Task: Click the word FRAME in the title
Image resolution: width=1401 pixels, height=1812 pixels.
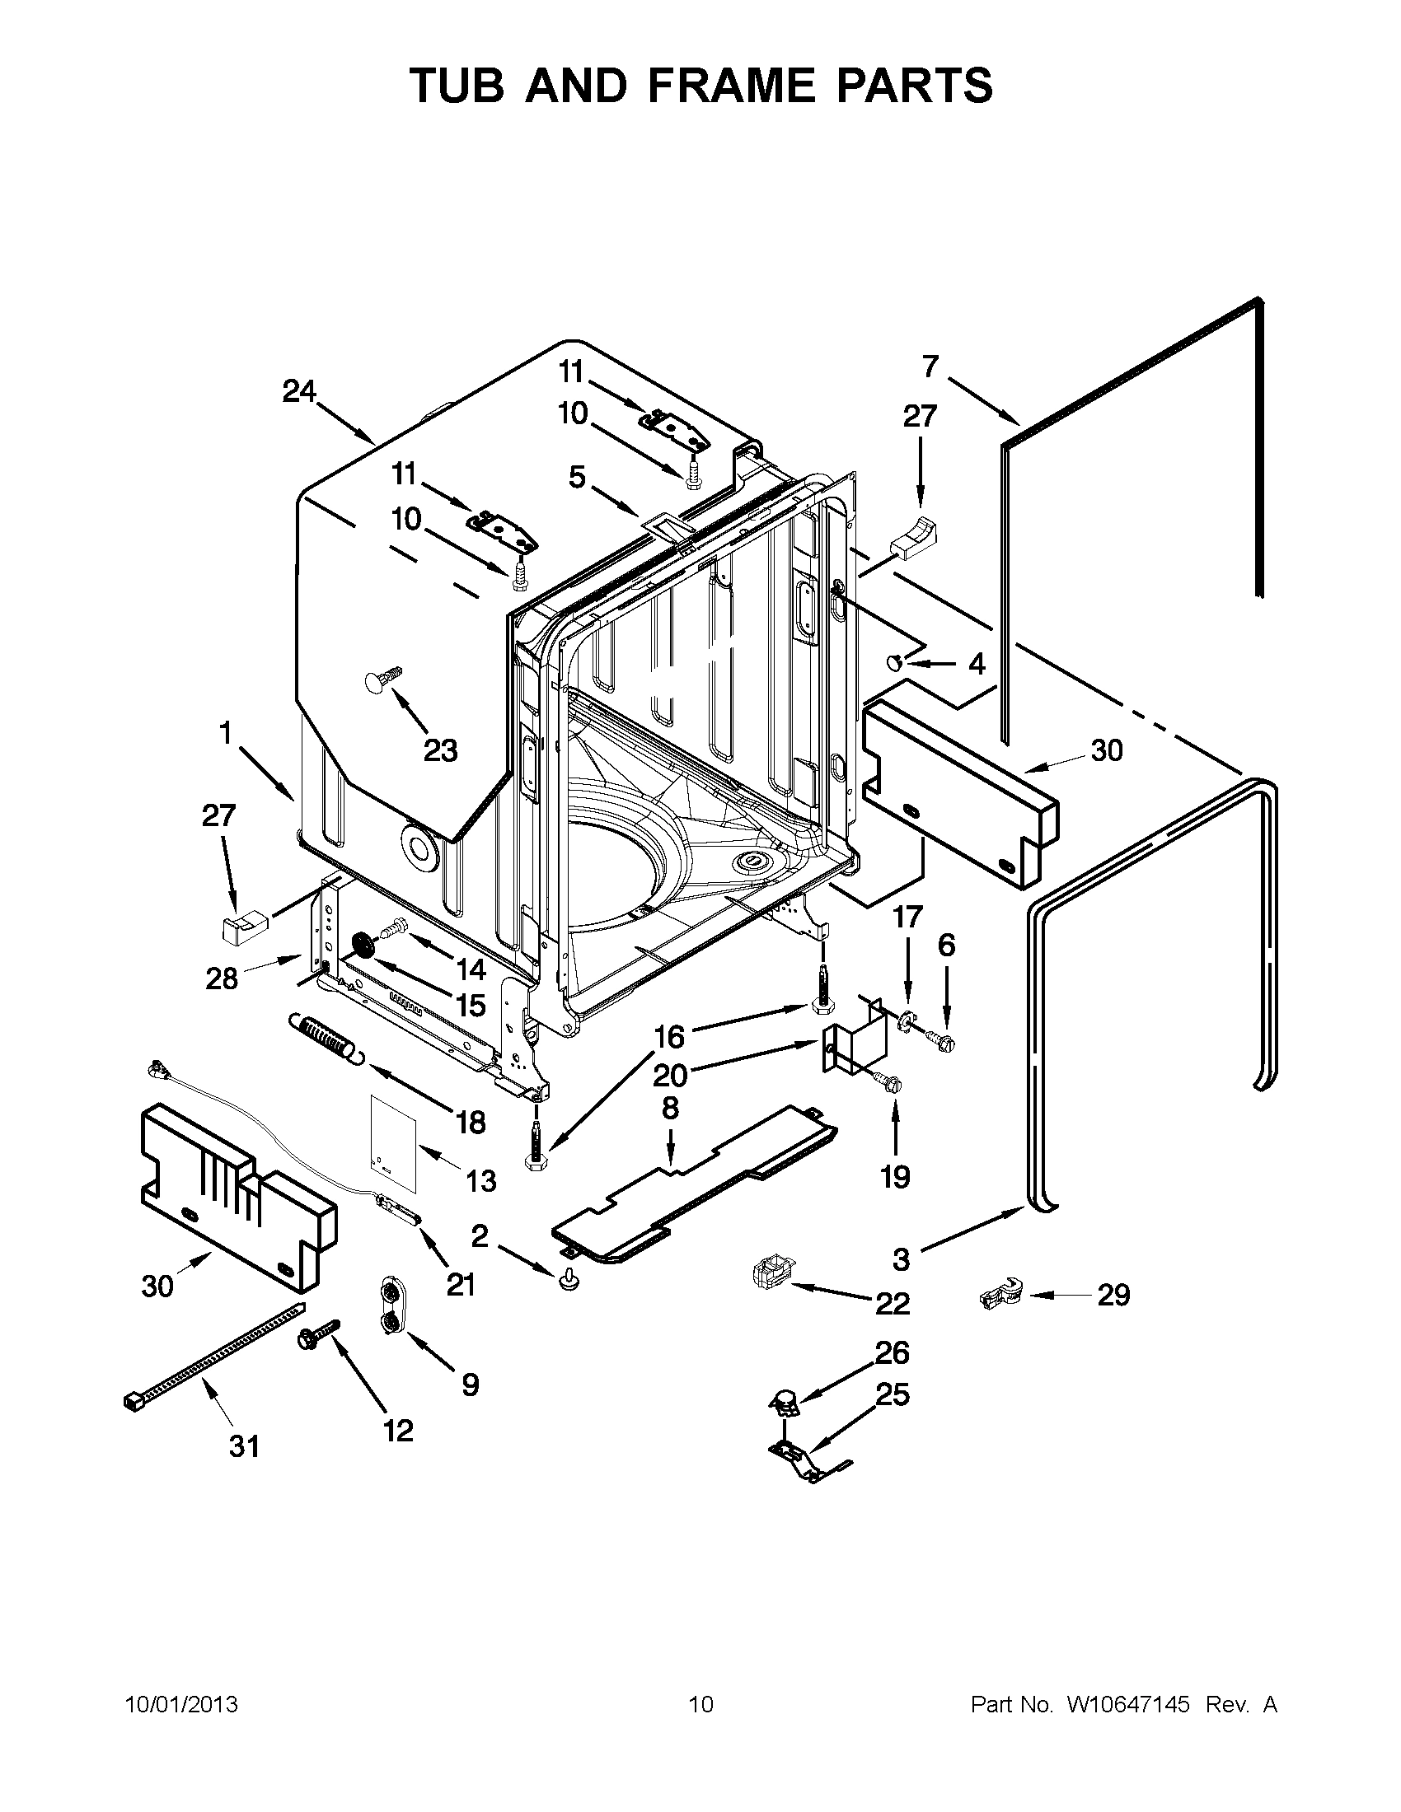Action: tap(730, 86)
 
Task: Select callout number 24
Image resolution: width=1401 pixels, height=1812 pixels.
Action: tap(300, 390)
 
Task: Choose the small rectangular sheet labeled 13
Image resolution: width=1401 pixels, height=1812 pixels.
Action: tap(391, 1137)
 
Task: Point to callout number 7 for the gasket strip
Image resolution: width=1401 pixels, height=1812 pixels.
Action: tap(930, 366)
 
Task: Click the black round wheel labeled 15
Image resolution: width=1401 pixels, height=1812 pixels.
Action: tap(363, 946)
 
